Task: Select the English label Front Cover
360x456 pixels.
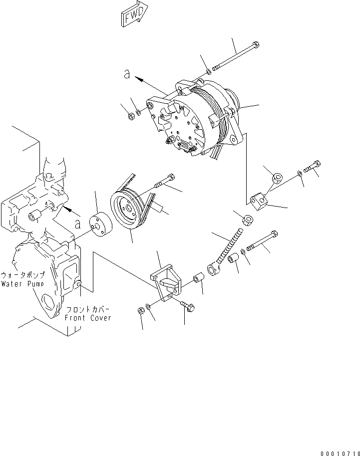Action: point(88,318)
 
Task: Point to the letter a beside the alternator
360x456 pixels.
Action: point(127,74)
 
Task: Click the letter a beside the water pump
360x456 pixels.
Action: point(78,224)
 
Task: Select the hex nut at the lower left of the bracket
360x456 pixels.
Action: point(141,311)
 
